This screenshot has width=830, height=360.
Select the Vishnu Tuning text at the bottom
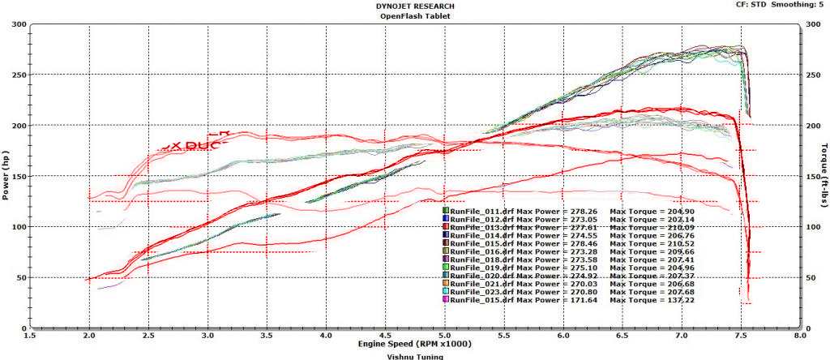(x=416, y=355)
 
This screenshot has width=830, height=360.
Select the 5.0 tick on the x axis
(x=444, y=334)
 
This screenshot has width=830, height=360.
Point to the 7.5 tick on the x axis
(x=741, y=334)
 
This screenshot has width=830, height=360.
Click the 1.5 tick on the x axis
(x=30, y=334)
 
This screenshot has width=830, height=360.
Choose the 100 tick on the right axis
(x=811, y=227)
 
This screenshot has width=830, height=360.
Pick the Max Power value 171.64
(x=577, y=299)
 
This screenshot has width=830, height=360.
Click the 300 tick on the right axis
(x=811, y=24)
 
